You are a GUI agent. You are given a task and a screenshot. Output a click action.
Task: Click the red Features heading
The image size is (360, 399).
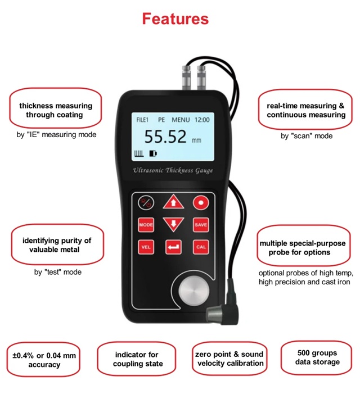[175, 19]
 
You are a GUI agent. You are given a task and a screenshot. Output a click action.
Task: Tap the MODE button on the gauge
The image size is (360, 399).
[146, 225]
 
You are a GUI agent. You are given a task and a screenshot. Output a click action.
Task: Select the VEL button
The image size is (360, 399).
[146, 247]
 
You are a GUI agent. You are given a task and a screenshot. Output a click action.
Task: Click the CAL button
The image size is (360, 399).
[201, 247]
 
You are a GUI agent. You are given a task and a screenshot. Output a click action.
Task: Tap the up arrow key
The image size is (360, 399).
[173, 203]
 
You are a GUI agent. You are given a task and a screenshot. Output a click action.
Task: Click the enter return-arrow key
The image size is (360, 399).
[173, 247]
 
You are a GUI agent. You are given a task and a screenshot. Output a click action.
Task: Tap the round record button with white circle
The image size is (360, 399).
[201, 203]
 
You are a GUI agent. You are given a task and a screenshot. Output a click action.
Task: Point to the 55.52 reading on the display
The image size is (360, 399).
[165, 137]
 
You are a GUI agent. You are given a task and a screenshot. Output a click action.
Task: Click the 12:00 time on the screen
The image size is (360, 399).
[202, 120]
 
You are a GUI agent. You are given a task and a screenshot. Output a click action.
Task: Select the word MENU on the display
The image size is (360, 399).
[181, 120]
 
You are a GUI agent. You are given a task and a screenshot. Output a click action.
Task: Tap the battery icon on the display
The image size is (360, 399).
[154, 153]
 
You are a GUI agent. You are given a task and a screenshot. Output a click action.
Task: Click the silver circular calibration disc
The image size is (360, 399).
[195, 292]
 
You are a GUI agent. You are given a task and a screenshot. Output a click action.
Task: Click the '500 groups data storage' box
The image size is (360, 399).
[317, 357]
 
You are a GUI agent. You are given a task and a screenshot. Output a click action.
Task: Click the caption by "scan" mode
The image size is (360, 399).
[306, 135]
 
